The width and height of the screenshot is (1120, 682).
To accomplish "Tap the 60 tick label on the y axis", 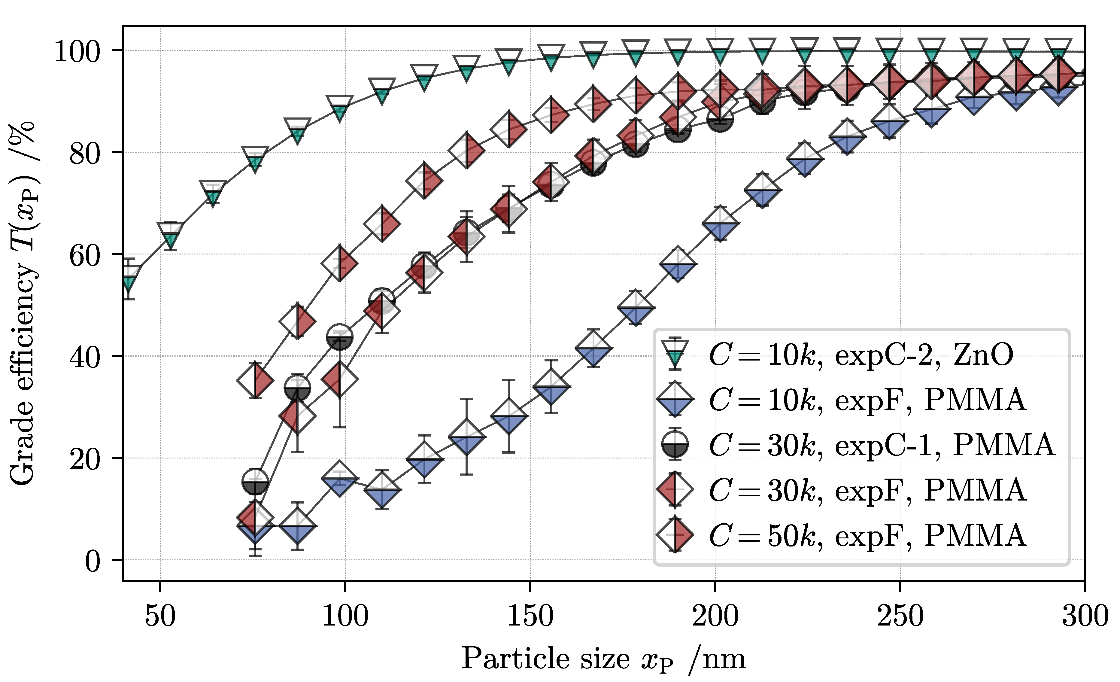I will (x=84, y=255).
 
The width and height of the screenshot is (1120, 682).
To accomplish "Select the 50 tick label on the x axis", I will (x=160, y=617).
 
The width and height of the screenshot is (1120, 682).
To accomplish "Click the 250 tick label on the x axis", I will (x=900, y=617).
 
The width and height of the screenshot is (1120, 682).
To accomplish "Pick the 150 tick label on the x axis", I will (x=530, y=617).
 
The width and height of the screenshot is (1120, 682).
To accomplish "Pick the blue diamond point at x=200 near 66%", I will (x=720, y=224).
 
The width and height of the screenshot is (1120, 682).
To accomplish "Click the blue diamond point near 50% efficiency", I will (x=636, y=308).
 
